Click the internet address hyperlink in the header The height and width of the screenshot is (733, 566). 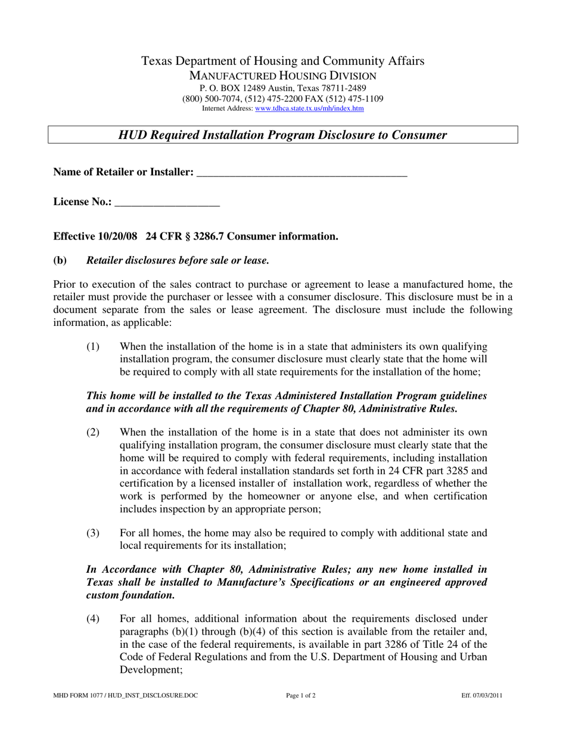309,108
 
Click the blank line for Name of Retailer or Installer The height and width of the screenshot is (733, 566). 301,173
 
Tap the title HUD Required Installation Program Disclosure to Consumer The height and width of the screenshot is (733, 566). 282,135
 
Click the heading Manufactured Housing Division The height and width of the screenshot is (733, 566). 282,76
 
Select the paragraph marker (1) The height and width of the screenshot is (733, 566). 93,347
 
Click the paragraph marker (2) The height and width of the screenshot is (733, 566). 93,432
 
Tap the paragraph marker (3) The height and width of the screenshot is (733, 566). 93,533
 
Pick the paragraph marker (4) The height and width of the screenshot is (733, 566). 93,618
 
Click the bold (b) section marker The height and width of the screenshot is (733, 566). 60,260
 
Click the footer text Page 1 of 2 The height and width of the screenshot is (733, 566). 301,695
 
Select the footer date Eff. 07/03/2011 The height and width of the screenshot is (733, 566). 481,695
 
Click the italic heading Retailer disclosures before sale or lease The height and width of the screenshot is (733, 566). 178,260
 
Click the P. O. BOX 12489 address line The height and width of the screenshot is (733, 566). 282,88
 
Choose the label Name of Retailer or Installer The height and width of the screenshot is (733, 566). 123,172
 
